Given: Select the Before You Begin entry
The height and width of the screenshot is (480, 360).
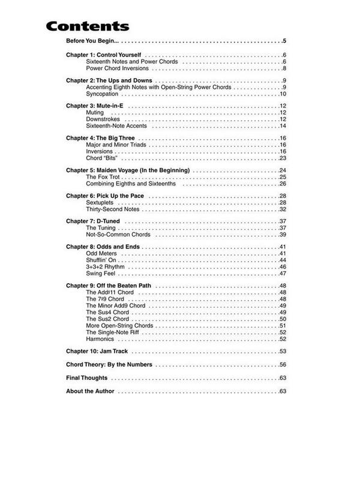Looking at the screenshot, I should coord(92,41).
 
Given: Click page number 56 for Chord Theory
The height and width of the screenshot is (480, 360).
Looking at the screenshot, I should coord(282,365).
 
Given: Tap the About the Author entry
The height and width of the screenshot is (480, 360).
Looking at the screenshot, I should coord(91,392).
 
